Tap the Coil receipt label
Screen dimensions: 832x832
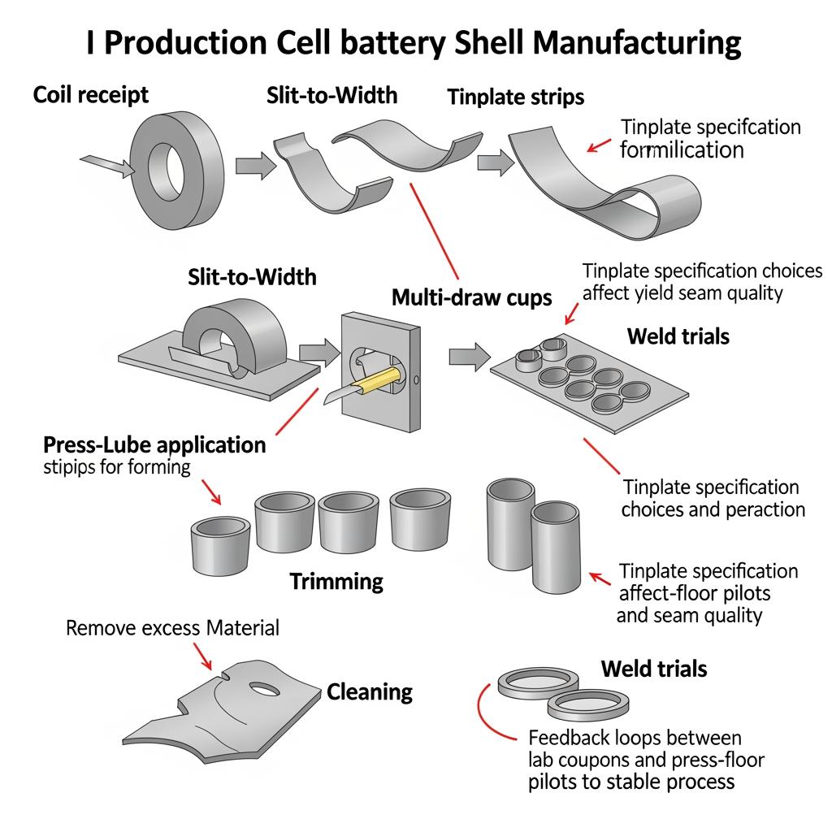[x=91, y=95]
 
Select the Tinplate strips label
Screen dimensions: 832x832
[x=515, y=97]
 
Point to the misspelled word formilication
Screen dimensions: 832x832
[x=682, y=149]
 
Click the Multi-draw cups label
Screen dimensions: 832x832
[x=471, y=297]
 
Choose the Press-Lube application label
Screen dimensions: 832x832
[x=154, y=445]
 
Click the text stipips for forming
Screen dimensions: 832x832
[x=116, y=467]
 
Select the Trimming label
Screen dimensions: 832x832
[x=336, y=581]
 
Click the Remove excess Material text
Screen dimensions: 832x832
[x=172, y=628]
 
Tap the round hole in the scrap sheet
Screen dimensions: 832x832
[x=264, y=689]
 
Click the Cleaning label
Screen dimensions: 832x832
[x=370, y=692]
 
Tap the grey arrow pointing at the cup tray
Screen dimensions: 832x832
[x=470, y=355]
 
